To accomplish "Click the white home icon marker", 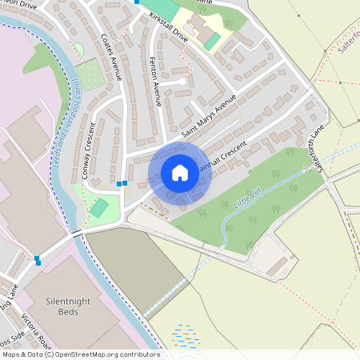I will click(x=179, y=173).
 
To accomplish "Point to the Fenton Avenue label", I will click(x=156, y=82).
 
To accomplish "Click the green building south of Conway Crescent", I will click(x=99, y=208).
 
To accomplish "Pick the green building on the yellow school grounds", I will click(x=212, y=40).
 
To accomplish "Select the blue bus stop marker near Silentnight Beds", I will click(x=38, y=259).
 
